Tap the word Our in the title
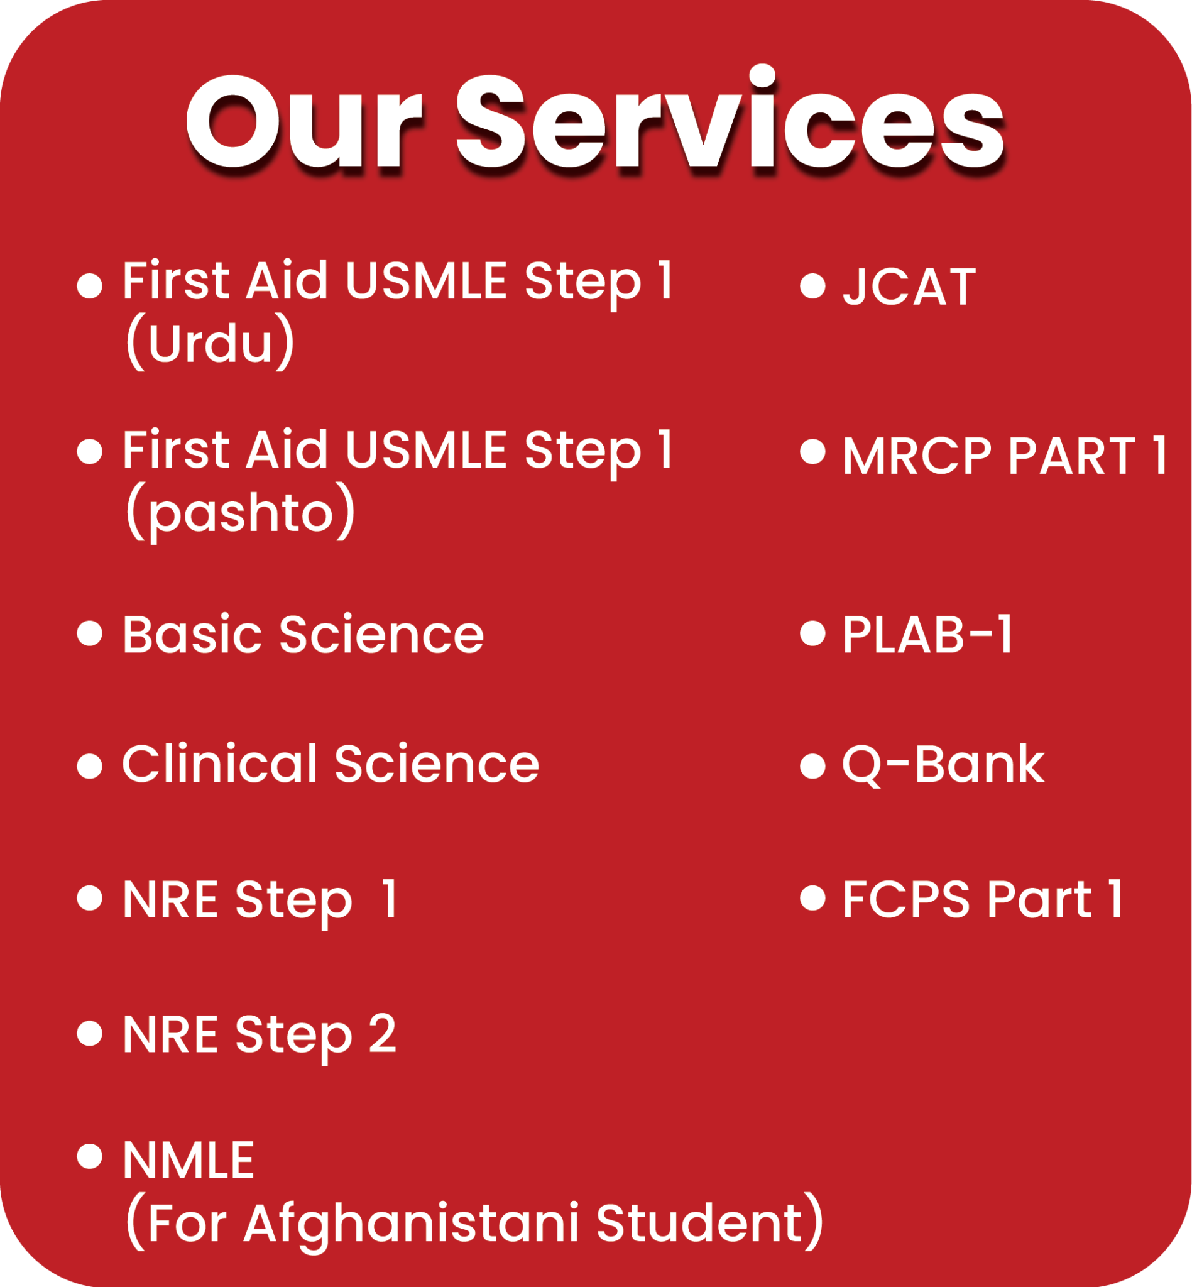[303, 124]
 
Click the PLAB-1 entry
[927, 635]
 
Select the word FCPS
[905, 899]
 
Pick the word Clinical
[219, 764]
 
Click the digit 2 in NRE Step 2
[382, 1034]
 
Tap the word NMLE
[189, 1160]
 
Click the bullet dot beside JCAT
[812, 287]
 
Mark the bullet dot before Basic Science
[90, 633]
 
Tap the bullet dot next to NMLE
[90, 1156]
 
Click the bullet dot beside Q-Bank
[812, 767]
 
